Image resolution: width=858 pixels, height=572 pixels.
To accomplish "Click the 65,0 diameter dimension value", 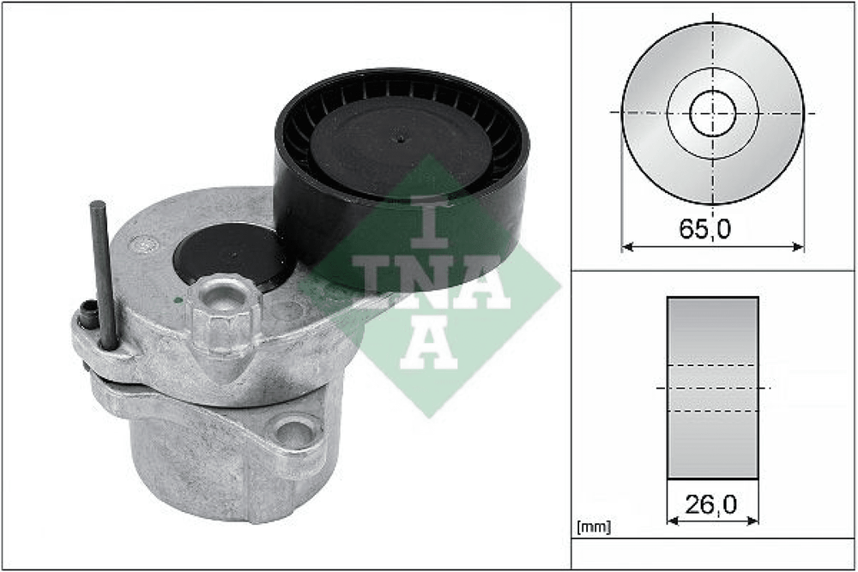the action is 704,229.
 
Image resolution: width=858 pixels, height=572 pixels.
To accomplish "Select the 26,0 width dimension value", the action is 710,504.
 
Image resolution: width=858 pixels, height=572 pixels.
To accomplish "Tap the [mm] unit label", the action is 594,527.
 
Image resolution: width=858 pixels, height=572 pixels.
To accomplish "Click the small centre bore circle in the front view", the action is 712,113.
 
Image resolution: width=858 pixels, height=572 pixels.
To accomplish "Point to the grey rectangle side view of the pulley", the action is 712,388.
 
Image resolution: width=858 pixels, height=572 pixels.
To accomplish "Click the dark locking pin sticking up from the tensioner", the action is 104,275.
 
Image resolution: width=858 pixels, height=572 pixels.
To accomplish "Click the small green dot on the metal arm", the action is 178,300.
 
